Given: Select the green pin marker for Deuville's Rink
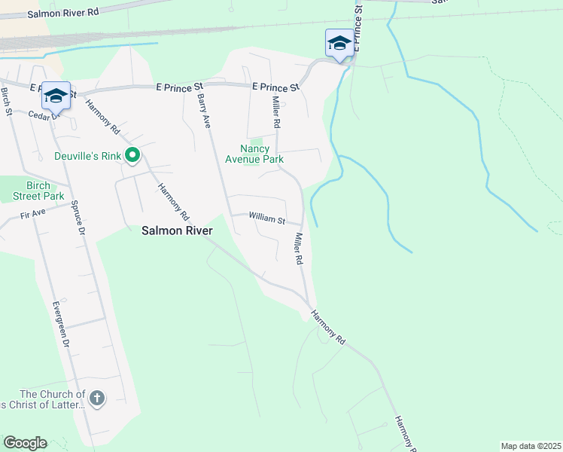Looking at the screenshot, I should (133, 157).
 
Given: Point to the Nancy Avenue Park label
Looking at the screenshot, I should (254, 154).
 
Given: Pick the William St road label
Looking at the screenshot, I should (267, 221).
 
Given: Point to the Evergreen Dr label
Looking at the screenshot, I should (61, 324).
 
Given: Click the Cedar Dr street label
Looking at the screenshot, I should (44, 115).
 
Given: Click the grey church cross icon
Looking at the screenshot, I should (96, 398).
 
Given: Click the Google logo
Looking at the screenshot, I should (25, 443).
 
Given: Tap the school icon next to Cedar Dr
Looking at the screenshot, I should (56, 96).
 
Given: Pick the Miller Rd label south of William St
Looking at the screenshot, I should (298, 248).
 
